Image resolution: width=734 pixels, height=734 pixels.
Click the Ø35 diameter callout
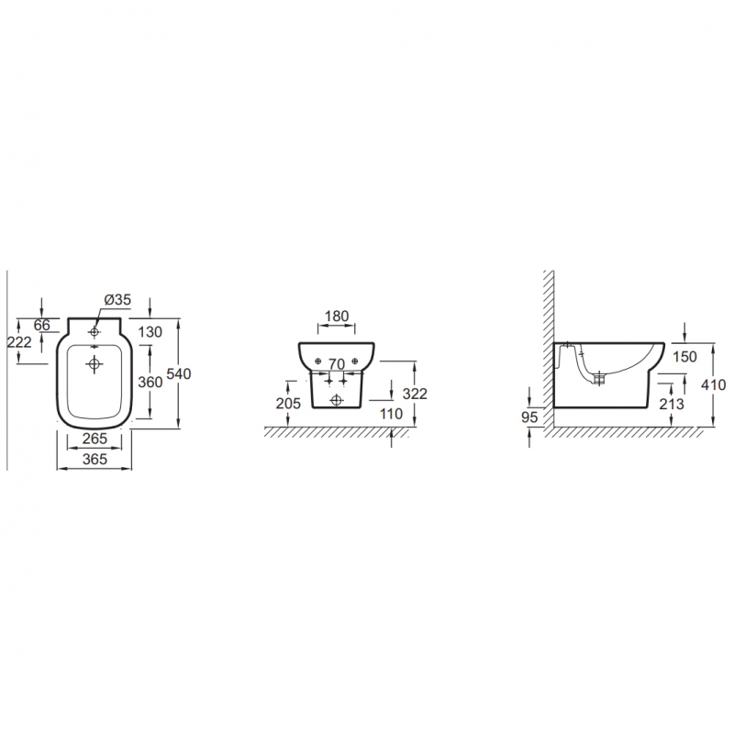[117, 300]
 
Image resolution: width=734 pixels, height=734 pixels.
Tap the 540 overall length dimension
[179, 374]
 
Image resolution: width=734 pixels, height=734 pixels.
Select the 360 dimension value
[150, 382]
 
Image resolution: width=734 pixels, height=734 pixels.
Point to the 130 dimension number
[150, 332]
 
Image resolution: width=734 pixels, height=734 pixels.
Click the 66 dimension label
[42, 325]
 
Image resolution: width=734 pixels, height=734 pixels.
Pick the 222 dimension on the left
[19, 342]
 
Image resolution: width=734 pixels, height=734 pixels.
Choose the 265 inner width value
[95, 439]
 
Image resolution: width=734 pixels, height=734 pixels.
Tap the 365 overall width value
[95, 460]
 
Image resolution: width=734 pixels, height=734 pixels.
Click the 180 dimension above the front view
[337, 316]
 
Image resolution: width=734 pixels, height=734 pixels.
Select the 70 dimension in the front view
[337, 363]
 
